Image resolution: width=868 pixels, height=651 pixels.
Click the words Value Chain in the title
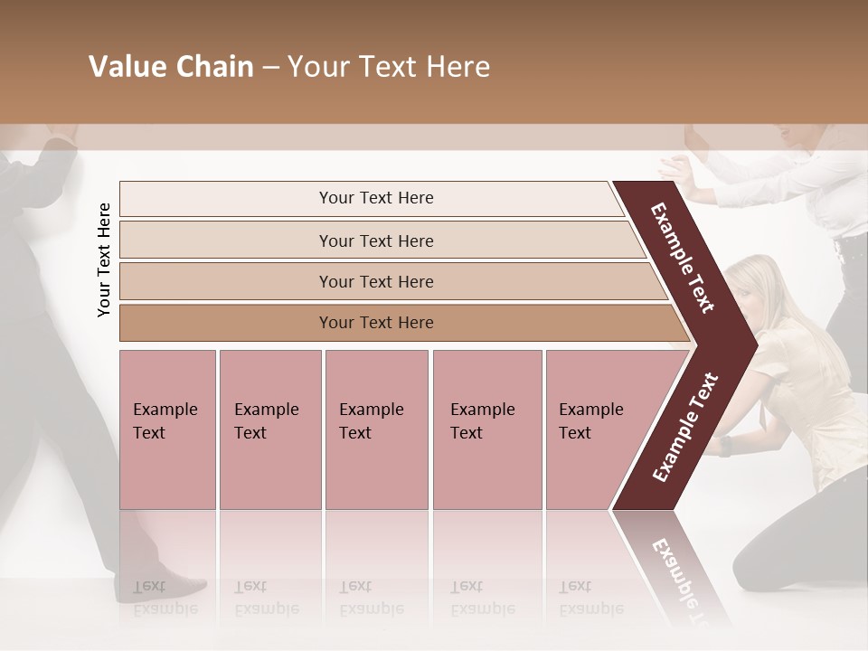click(x=171, y=67)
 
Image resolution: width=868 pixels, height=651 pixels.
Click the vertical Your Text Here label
click(x=104, y=259)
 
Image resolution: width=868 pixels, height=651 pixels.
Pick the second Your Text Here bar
click(x=376, y=241)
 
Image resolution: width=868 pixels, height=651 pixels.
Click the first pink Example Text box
click(x=167, y=429)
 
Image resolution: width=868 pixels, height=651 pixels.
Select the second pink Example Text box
click(x=270, y=429)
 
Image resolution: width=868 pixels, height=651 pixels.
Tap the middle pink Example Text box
click(x=376, y=429)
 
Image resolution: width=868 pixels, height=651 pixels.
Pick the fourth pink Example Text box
click(x=487, y=429)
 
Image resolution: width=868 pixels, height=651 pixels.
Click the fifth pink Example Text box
click(x=597, y=429)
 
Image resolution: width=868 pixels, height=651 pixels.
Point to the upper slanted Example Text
click(x=683, y=258)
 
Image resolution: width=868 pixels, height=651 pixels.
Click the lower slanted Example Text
click(x=685, y=428)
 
